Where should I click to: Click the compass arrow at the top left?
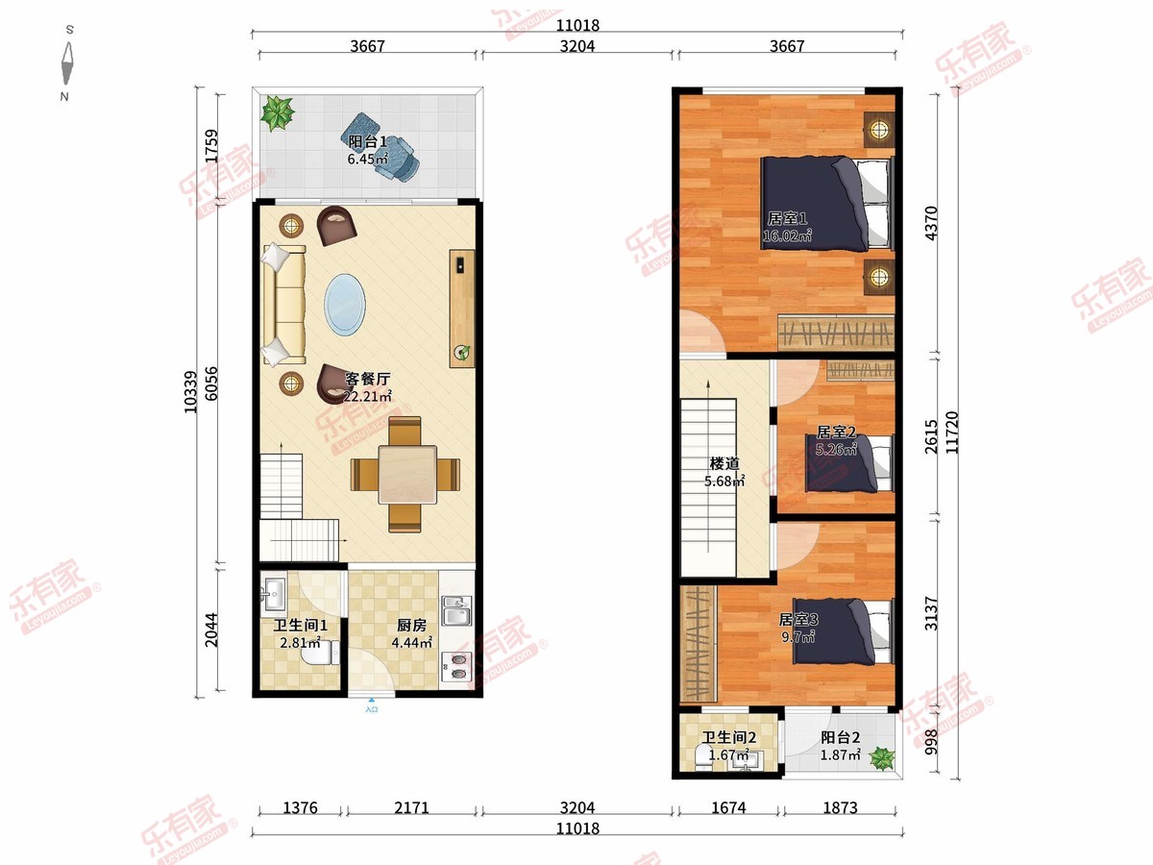[67, 64]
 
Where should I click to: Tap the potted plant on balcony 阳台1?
[278, 112]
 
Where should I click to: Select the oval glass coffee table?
[345, 304]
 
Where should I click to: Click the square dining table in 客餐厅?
[407, 475]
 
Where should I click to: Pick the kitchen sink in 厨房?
[457, 610]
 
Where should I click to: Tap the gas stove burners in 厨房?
[457, 666]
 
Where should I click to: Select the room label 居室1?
[787, 218]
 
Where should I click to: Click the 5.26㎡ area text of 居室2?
[836, 449]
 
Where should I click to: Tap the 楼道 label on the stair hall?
[724, 463]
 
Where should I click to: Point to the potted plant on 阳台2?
[881, 758]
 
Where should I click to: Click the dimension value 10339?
[190, 392]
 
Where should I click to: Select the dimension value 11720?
[952, 432]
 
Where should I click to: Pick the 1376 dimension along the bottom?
[300, 807]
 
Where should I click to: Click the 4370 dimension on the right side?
[931, 223]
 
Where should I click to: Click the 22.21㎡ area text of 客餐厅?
[367, 397]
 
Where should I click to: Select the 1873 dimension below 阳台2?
[840, 807]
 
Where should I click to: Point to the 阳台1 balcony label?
[367, 142]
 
